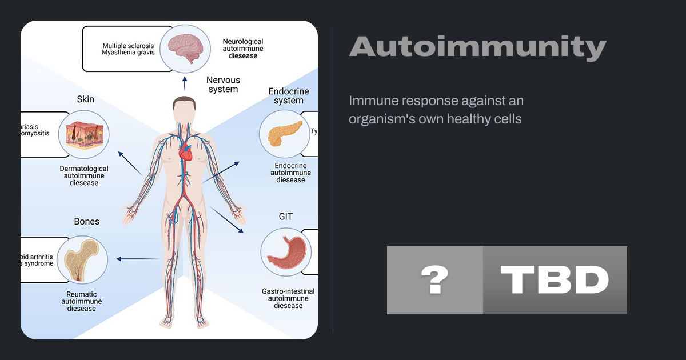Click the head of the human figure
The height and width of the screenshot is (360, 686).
click(x=184, y=109)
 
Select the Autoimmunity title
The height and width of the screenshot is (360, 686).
click(x=477, y=47)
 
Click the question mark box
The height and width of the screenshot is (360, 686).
click(x=434, y=280)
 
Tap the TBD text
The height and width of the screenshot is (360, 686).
click(x=555, y=280)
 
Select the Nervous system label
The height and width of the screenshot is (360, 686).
click(x=223, y=85)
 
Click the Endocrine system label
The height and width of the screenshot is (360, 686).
click(x=289, y=96)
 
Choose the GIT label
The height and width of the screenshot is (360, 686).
click(x=286, y=217)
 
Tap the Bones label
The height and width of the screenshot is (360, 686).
click(x=86, y=221)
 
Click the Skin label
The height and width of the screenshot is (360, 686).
click(x=85, y=99)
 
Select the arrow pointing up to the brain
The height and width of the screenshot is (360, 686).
click(x=184, y=83)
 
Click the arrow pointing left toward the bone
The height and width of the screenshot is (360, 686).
click(x=137, y=259)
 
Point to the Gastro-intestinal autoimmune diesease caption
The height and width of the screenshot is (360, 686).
click(x=288, y=298)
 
